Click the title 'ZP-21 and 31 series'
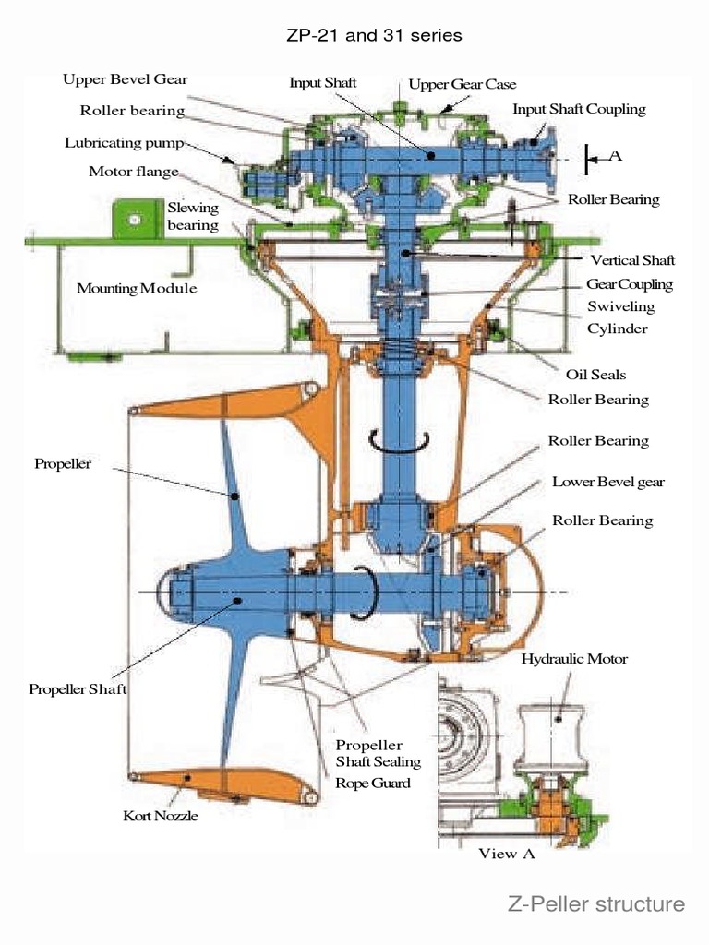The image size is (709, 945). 375,35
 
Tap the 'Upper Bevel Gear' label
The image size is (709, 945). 126,79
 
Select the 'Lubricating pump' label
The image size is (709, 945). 125,143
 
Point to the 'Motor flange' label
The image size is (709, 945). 134,172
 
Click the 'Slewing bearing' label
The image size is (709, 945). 193,216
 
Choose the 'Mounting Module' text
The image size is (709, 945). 137,288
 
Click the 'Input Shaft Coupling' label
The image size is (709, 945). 579,109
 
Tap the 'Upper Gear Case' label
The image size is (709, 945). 463,84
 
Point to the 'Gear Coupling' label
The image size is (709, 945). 630,284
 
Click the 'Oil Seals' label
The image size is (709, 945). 595,375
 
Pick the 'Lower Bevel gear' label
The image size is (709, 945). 607,482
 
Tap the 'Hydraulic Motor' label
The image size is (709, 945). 574,659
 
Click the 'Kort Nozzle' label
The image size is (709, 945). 161,816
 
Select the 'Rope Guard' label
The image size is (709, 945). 373,783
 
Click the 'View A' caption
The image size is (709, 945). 506,854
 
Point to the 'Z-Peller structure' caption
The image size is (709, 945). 596,903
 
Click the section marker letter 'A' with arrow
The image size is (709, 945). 614,156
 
